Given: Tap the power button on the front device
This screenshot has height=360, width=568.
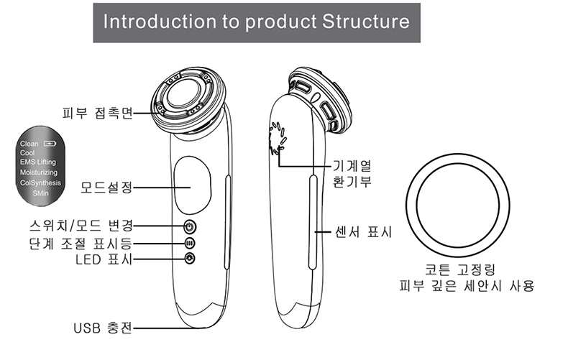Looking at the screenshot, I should tap(190, 225).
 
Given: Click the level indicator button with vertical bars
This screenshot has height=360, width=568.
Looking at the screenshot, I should tap(190, 243).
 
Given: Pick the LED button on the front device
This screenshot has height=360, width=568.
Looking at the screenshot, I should tap(190, 259).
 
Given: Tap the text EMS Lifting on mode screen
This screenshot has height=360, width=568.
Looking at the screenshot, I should tap(38, 163).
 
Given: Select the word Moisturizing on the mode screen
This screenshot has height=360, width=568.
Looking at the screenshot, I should tap(39, 173).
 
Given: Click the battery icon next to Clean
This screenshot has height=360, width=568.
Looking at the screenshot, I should tap(49, 145).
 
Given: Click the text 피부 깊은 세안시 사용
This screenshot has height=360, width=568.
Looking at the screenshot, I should tap(467, 287).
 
